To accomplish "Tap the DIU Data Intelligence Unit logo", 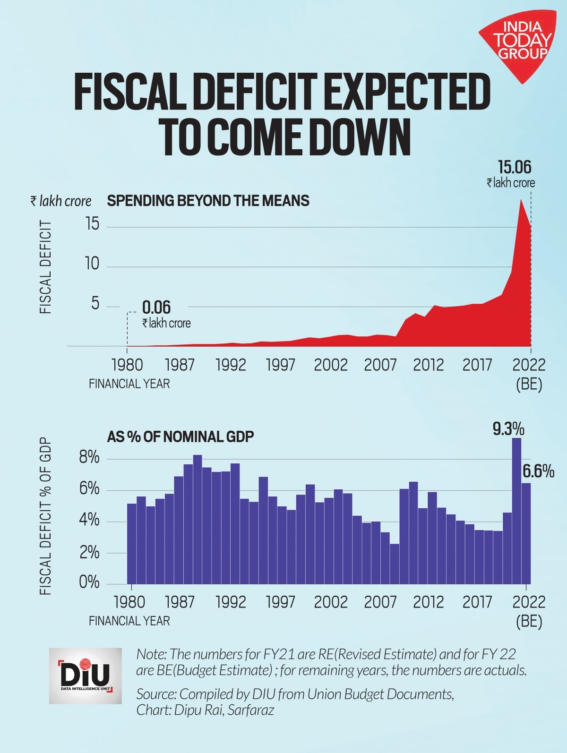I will click(85, 676).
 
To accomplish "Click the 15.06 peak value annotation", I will click(515, 168).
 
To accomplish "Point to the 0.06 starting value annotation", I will click(156, 308).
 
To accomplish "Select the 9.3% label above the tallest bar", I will click(508, 429).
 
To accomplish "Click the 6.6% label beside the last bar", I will click(538, 471).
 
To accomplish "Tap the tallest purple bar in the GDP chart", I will click(517, 510).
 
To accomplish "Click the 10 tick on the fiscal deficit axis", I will click(92, 264).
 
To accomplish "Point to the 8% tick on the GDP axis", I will click(89, 458).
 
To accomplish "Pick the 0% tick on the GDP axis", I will click(89, 582).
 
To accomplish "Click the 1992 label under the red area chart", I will click(231, 365).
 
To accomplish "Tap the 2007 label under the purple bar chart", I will click(380, 602).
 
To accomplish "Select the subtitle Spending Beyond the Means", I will click(208, 201).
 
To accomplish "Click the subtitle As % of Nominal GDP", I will click(180, 436).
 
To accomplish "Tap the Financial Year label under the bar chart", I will click(129, 620).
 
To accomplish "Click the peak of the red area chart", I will click(521, 200).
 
